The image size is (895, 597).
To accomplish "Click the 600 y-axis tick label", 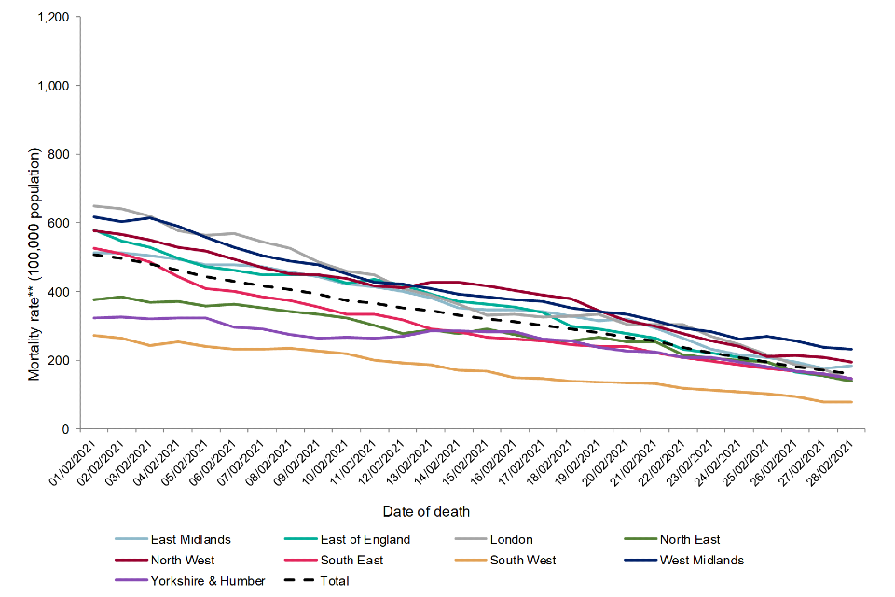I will (x=61, y=223).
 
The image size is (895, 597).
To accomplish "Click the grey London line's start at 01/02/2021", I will (x=94, y=206).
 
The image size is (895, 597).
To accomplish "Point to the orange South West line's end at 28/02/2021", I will (x=851, y=402).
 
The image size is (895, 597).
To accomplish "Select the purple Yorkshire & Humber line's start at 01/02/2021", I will (x=94, y=318).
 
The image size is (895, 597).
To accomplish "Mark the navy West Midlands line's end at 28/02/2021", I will (x=851, y=349).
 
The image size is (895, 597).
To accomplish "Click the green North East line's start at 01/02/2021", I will (x=94, y=299).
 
